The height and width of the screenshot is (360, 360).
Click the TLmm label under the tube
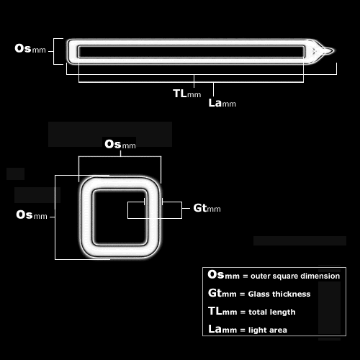(x=187, y=94)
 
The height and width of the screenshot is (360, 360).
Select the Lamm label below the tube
(x=222, y=103)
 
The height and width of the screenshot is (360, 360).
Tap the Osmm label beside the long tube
(x=30, y=48)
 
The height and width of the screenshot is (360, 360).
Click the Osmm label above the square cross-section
(x=120, y=145)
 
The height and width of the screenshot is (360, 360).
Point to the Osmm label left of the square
(x=32, y=215)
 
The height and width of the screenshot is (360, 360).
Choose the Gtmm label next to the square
(x=207, y=208)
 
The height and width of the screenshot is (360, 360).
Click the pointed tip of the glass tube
(x=333, y=50)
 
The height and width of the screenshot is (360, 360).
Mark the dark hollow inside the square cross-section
(x=120, y=217)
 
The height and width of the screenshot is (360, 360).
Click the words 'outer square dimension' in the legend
(x=295, y=276)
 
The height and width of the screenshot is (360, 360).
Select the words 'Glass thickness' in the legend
(x=279, y=294)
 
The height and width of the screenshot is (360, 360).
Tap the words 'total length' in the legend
(x=272, y=312)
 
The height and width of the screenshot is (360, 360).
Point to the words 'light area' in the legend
(x=268, y=330)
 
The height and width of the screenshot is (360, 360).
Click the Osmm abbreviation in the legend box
(x=224, y=275)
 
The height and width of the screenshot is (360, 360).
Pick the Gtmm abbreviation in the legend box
(x=222, y=293)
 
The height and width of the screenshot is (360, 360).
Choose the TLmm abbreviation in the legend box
(x=222, y=311)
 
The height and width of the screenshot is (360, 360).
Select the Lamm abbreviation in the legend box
(x=222, y=329)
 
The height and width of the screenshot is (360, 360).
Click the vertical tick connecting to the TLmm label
(x=194, y=81)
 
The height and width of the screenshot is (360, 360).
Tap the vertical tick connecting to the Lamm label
(x=213, y=89)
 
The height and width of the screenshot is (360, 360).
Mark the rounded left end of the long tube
(x=70, y=51)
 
